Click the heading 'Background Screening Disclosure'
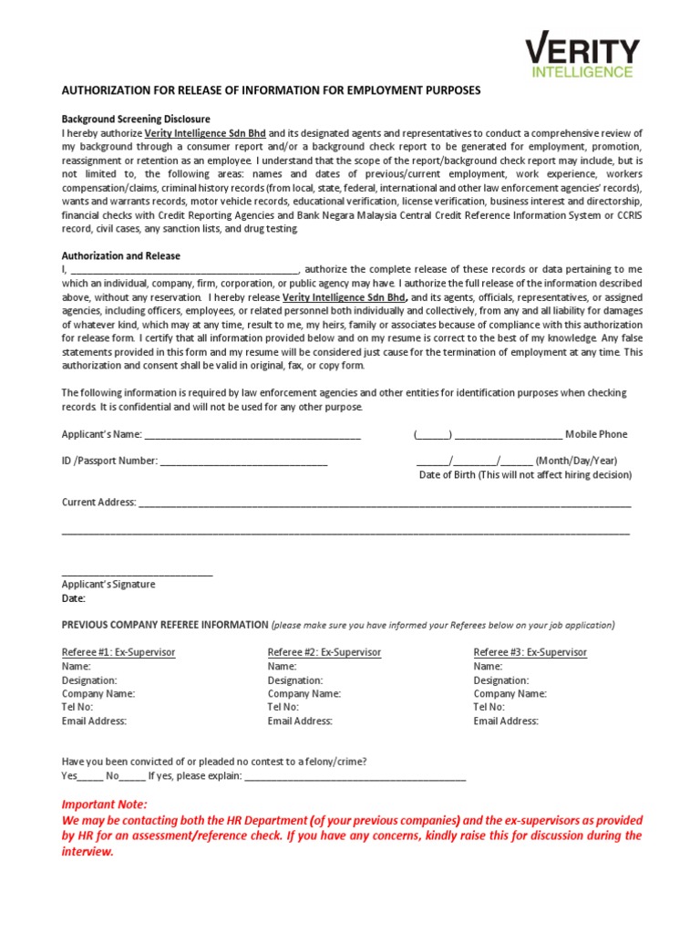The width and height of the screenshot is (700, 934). pos(136,119)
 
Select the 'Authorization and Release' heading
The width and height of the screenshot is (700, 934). pos(120,255)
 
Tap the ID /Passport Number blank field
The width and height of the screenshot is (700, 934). pos(243,462)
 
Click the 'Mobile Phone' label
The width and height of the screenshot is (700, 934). pos(596,434)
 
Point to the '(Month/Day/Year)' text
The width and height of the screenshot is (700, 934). pos(575,461)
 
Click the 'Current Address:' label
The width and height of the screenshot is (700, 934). pos(98,502)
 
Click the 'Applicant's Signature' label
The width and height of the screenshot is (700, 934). pos(108,584)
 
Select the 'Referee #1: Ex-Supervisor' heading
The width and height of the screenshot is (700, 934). pos(118,652)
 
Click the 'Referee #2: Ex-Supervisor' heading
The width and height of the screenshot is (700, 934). pos(324,652)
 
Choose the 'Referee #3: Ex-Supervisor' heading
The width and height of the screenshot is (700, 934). pos(530,652)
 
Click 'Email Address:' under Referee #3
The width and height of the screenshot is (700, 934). pos(506,721)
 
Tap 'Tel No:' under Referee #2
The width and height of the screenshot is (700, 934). pos(283,707)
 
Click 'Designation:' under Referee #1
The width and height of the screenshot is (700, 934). pos(89,680)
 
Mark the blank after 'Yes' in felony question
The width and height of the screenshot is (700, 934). pos(90,776)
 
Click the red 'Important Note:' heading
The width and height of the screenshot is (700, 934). pos(104,804)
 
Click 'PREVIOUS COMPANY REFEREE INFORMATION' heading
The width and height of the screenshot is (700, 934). pos(165,625)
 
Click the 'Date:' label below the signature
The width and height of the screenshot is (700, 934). pos(73,598)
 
